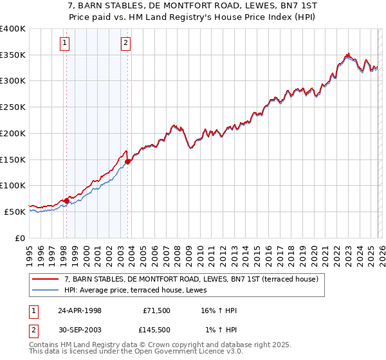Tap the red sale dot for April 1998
click(67, 201)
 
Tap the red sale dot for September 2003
click(128, 162)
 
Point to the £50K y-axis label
click(15, 212)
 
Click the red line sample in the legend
click(46, 280)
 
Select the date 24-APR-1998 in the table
click(80, 310)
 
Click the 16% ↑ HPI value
click(218, 310)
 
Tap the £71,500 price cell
click(156, 310)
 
